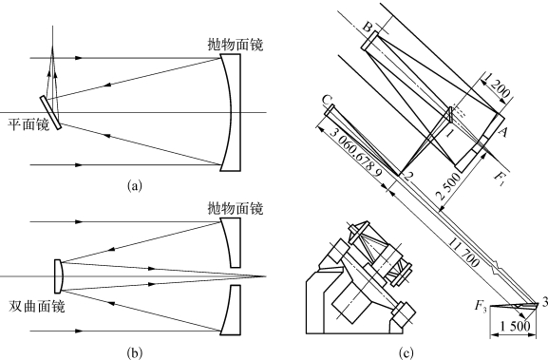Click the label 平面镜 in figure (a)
click(28, 124)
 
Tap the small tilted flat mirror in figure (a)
click(50, 112)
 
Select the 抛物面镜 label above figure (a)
click(236, 45)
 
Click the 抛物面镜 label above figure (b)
click(236, 208)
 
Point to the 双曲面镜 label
click(36, 307)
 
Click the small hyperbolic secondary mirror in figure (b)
click(58, 276)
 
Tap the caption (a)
click(135, 185)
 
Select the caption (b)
click(135, 353)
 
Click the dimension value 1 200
click(497, 86)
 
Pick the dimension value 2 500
click(449, 186)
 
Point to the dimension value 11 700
click(463, 252)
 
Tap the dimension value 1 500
click(515, 326)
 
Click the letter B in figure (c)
click(367, 28)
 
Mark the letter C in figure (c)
click(326, 101)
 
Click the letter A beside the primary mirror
click(502, 132)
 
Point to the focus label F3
click(481, 306)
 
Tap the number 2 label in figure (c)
click(406, 176)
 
